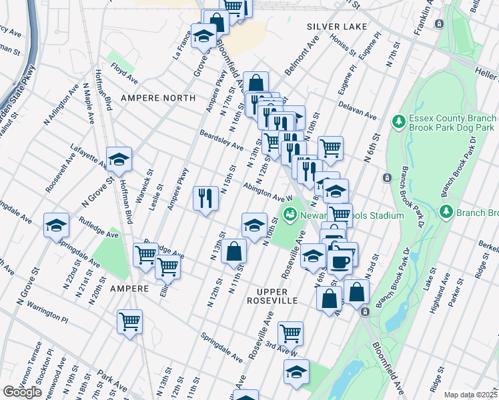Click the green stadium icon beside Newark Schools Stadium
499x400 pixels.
tap(290, 215)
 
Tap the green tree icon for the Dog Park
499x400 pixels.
tap(399, 121)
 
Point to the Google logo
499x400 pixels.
tap(22, 392)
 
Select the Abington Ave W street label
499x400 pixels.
tap(268, 193)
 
